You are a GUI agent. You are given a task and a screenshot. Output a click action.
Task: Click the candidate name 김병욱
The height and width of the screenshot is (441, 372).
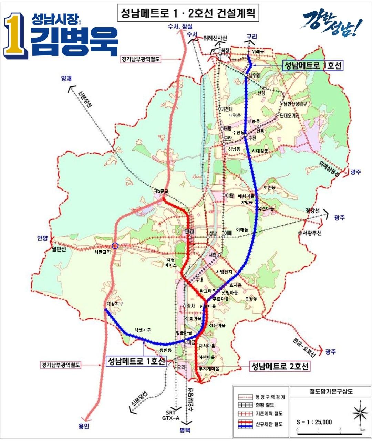74,41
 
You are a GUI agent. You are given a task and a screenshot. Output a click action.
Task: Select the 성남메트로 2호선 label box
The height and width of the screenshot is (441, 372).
280,366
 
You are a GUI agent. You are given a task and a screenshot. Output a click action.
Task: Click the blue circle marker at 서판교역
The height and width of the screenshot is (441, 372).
115,245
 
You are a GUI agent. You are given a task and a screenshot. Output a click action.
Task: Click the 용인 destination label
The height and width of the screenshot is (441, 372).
83,426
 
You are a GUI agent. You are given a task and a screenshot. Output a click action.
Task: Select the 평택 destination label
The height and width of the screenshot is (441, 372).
185,430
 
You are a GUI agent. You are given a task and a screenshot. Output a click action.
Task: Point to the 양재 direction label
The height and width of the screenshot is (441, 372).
66,79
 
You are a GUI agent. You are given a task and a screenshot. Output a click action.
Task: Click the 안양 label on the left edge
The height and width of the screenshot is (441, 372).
43,238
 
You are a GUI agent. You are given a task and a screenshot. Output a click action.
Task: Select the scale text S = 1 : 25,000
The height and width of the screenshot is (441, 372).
314,422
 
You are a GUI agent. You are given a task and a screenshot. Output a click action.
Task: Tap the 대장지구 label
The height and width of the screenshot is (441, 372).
115,304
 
